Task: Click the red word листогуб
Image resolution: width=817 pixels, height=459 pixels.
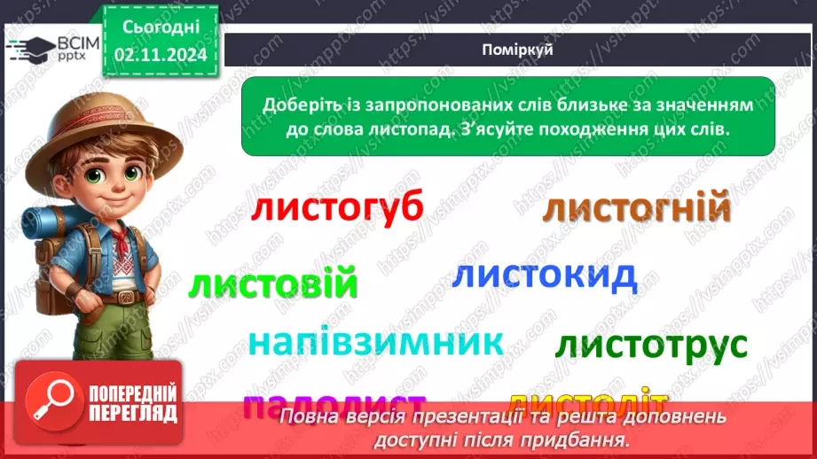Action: (337, 209)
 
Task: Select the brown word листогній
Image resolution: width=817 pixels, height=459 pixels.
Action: (636, 210)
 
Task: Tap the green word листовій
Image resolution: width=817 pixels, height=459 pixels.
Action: (274, 284)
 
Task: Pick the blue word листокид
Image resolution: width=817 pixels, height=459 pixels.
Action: (544, 276)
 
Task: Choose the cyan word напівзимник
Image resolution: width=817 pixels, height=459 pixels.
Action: (375, 342)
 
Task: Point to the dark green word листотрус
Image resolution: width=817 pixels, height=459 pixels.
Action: (651, 345)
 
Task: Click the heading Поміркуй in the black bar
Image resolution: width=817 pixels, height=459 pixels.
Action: (519, 50)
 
